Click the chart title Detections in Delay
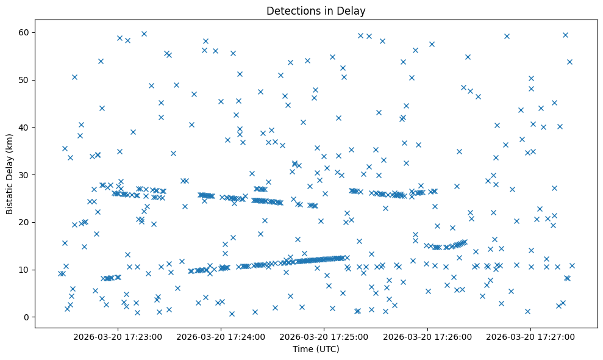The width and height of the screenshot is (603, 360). click(316, 10)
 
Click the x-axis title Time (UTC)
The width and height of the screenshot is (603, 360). click(316, 350)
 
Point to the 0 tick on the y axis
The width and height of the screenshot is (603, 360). click(27, 317)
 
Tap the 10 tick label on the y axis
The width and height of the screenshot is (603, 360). click(24, 270)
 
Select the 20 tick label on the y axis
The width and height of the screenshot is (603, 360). click(24, 222)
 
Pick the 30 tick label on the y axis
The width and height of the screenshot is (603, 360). click(24, 175)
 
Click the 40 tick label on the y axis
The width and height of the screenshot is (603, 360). click(24, 127)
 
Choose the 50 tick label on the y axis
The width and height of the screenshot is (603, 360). click(24, 80)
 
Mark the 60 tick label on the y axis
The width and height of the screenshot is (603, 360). click(24, 32)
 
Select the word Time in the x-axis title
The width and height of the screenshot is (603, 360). click(302, 350)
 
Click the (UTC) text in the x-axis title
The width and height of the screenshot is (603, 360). click(327, 350)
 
